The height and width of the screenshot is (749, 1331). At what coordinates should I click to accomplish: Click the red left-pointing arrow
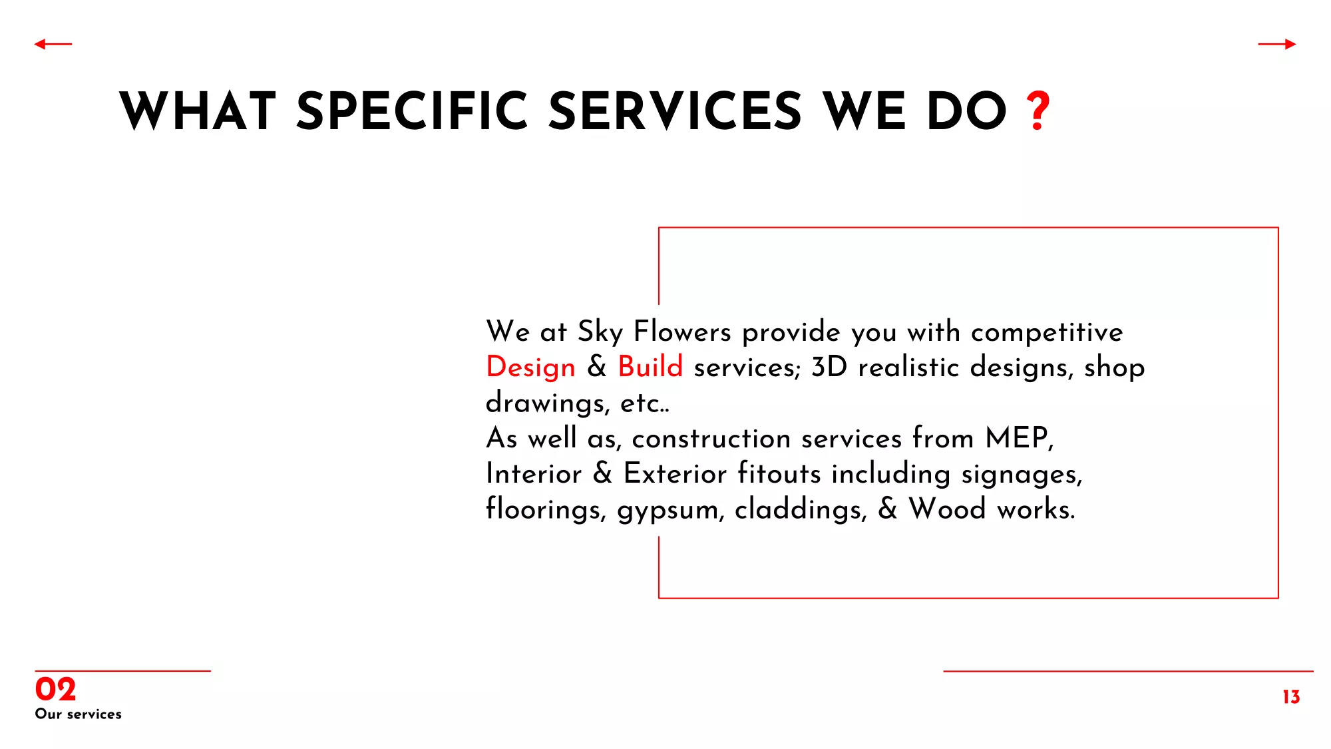pyautogui.click(x=53, y=45)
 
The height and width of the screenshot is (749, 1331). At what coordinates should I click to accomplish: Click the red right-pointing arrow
pyautogui.click(x=1277, y=45)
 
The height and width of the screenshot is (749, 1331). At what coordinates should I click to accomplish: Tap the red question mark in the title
pyautogui.click(x=1038, y=111)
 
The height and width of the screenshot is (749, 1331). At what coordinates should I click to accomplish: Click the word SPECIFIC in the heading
pyautogui.click(x=413, y=111)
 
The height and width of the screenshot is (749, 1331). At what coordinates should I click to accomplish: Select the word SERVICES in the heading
pyautogui.click(x=675, y=111)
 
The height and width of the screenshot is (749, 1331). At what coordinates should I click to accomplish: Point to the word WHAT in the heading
pyautogui.click(x=198, y=111)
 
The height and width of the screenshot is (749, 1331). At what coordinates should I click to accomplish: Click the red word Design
pyautogui.click(x=531, y=367)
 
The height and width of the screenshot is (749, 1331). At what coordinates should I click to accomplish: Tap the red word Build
pyautogui.click(x=650, y=366)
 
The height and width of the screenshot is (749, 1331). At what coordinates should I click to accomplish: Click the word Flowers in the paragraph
pyautogui.click(x=682, y=331)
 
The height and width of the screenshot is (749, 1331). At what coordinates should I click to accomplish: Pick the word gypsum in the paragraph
pyautogui.click(x=668, y=511)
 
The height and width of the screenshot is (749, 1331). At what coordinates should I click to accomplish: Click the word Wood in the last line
pyautogui.click(x=947, y=508)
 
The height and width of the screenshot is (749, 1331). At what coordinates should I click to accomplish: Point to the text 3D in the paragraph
pyautogui.click(x=829, y=367)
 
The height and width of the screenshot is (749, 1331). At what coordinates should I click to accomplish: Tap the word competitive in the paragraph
pyautogui.click(x=1047, y=332)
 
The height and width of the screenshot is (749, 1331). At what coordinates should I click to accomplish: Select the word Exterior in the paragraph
pyautogui.click(x=675, y=473)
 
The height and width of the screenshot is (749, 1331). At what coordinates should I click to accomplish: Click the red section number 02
pyautogui.click(x=55, y=689)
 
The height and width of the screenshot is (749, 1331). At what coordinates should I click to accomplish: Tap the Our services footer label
pyautogui.click(x=79, y=714)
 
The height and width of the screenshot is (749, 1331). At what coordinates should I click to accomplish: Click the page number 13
pyautogui.click(x=1291, y=696)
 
